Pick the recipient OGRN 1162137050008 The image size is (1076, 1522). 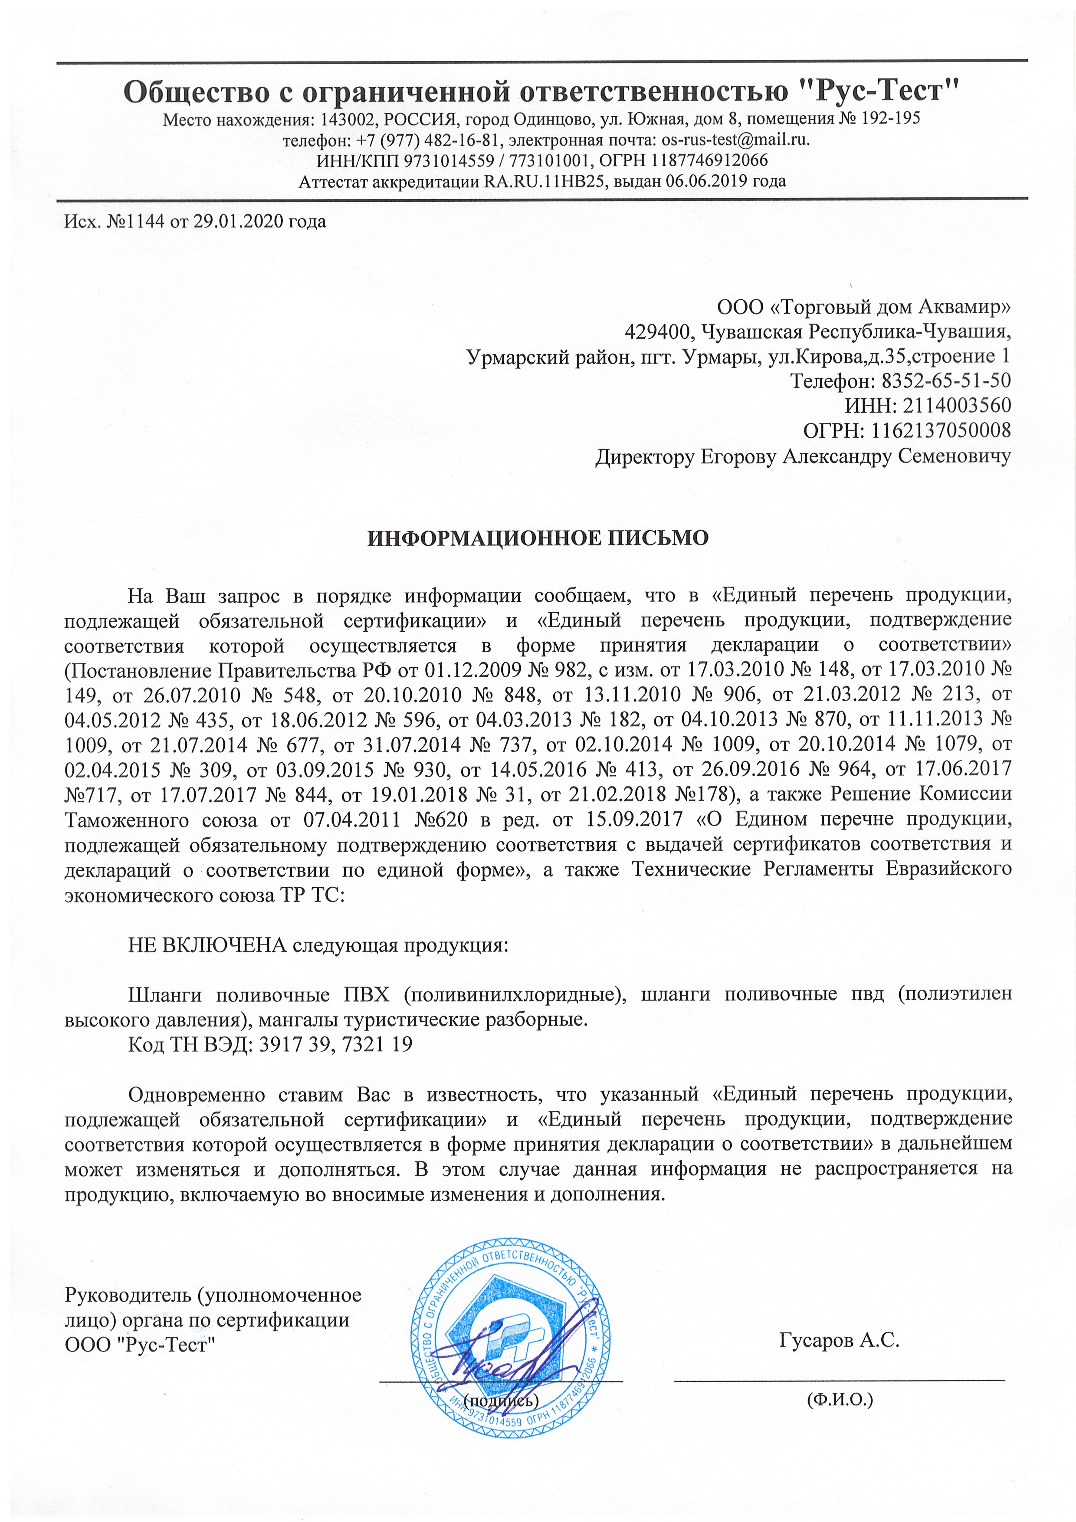pos(940,431)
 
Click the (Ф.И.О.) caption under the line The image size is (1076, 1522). pos(839,1399)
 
